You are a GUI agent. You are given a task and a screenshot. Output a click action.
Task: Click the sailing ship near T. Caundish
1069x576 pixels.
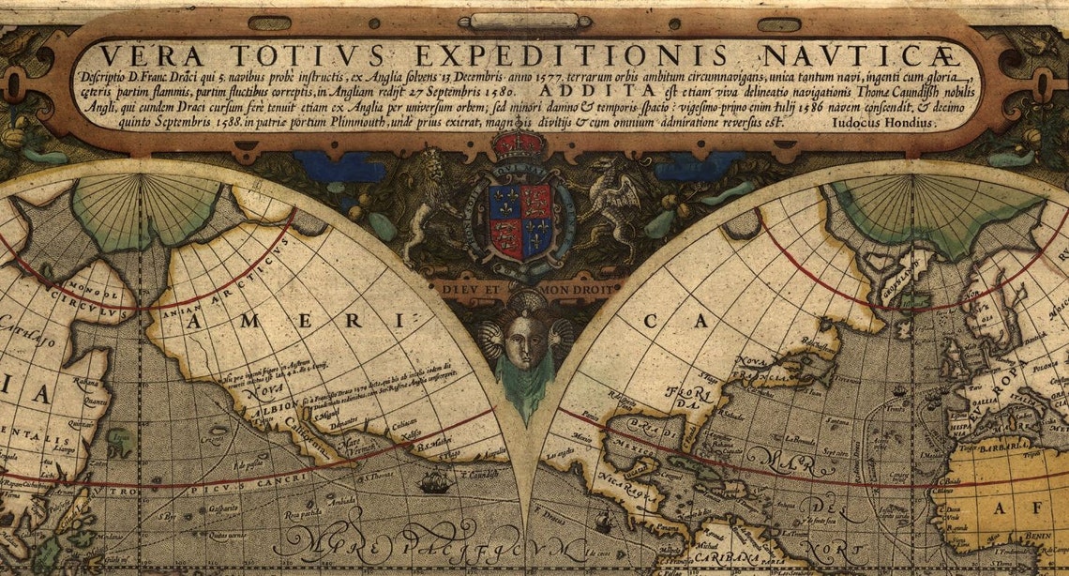click(434, 483)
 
